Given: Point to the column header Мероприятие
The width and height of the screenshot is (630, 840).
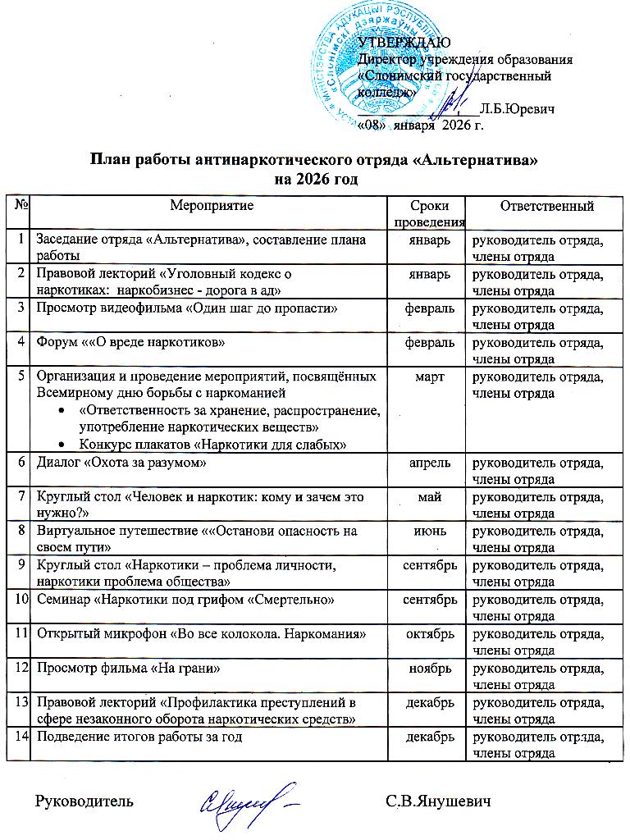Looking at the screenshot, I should [209, 207].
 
